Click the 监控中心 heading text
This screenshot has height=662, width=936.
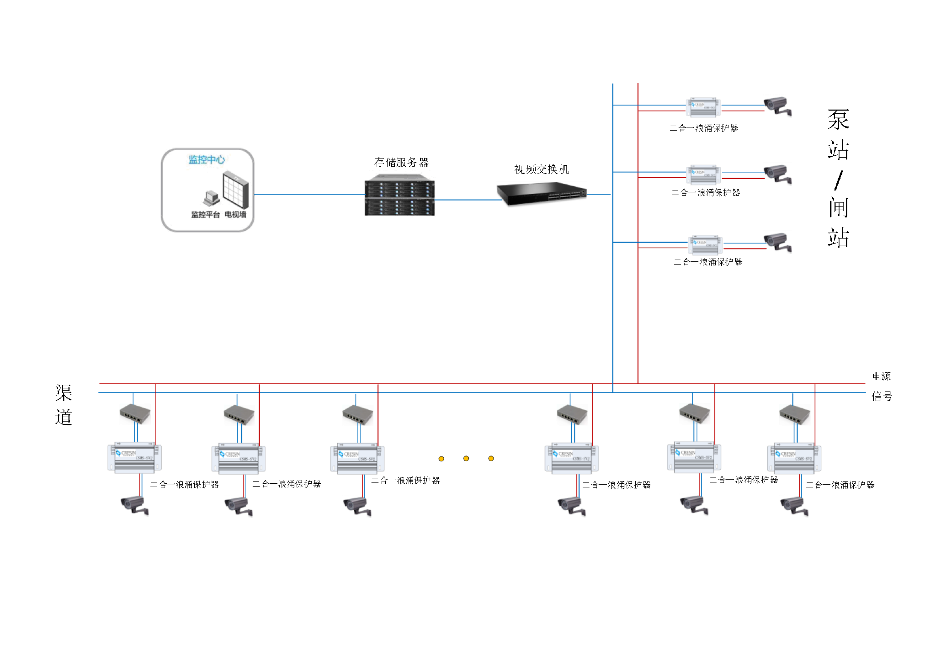207,159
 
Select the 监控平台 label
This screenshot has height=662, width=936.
206,214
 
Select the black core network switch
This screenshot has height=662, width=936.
542,194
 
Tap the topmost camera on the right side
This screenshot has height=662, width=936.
777,106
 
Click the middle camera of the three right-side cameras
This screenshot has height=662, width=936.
777,174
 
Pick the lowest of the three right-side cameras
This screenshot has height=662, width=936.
777,242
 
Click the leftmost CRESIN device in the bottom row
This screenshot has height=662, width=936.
134,457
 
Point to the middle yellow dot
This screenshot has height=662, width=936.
466,459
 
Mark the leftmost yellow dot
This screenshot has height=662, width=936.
441,459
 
